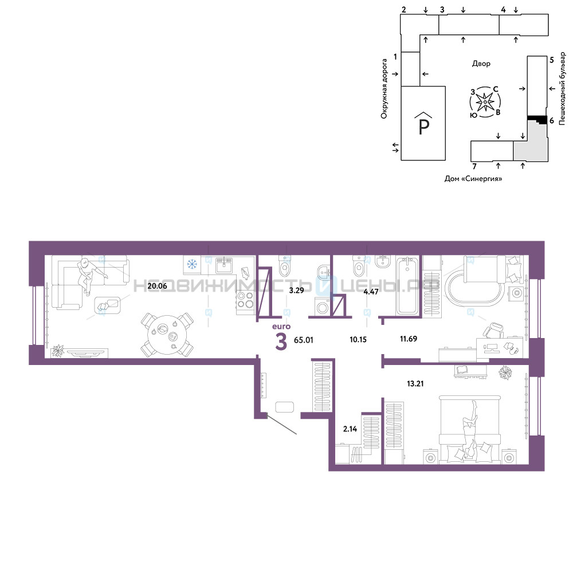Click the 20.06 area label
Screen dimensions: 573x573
pos(157,286)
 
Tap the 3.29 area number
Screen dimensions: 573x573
pos(296,291)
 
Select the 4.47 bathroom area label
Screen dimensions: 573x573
pos(371,292)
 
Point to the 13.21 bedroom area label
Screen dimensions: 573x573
pos(415,383)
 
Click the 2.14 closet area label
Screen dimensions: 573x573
pos(350,429)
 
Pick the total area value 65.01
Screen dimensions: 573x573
pos(303,340)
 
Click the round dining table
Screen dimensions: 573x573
pos(167,335)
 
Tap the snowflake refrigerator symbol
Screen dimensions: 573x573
pos(192,264)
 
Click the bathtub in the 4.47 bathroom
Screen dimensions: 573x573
pos(407,286)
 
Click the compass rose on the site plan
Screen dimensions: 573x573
pos(485,102)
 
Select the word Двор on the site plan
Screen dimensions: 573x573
pos(481,64)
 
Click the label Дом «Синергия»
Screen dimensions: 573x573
pos(473,179)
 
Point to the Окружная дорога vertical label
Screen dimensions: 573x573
pos(384,89)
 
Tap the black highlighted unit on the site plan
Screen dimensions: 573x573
pos(537,119)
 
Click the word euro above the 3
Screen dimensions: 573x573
pos(281,327)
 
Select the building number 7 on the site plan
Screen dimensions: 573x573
pos(474,167)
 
